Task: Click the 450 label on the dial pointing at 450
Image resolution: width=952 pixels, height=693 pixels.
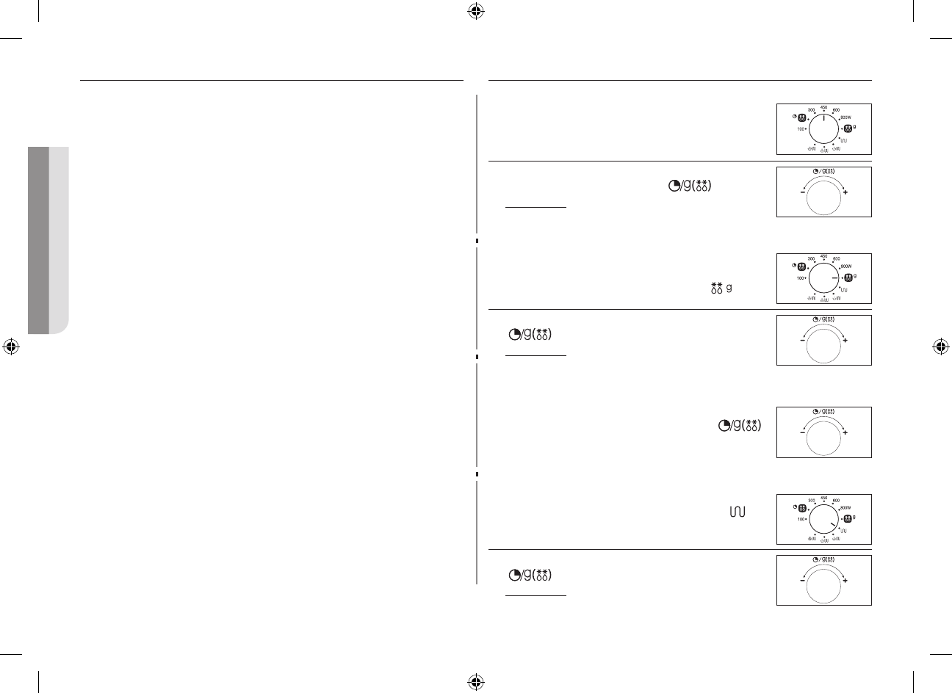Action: click(x=823, y=107)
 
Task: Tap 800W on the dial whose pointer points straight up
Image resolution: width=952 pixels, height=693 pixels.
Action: click(x=846, y=117)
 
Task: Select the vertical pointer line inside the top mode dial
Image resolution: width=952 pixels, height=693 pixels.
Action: click(x=823, y=119)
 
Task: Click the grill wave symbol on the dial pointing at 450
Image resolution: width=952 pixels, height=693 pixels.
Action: click(x=844, y=140)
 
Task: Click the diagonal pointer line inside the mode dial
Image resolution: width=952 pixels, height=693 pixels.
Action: click(x=831, y=523)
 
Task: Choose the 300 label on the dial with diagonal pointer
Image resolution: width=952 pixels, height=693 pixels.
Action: click(x=811, y=500)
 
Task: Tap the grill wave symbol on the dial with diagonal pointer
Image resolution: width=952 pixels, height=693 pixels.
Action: click(x=844, y=530)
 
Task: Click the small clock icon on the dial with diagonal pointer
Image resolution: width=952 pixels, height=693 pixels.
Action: click(x=794, y=507)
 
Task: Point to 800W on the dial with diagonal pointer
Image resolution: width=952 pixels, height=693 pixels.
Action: click(x=846, y=507)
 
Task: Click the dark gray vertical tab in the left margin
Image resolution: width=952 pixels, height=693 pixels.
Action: click(x=37, y=240)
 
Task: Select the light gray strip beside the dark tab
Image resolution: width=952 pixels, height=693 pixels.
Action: click(x=59, y=240)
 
